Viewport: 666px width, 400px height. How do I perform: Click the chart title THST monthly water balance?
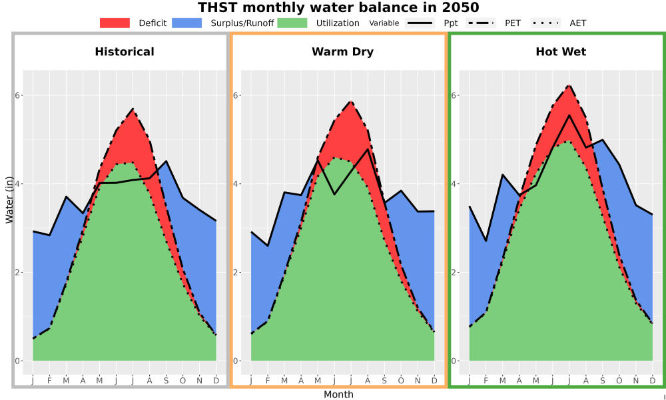338,7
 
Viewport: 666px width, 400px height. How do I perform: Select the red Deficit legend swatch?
115,23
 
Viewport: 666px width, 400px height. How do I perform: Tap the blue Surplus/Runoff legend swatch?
187,23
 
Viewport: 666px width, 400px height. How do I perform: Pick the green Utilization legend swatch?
292,23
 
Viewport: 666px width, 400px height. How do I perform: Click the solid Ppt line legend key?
420,23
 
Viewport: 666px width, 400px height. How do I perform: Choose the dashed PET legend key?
480,23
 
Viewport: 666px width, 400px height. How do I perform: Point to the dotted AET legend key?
545,23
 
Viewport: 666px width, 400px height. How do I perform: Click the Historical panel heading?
125,52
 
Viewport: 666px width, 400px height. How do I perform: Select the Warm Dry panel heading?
343,52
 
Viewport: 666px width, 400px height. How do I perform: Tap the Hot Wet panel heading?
561,52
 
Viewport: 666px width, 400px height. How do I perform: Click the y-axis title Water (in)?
9,200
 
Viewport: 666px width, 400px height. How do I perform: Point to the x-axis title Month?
338,394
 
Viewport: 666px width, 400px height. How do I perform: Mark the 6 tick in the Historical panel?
18,95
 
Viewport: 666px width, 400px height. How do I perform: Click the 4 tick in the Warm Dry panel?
236,183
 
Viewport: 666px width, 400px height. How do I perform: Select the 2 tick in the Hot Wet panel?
454,272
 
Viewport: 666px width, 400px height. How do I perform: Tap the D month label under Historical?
216,381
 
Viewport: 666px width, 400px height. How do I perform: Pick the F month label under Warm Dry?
268,381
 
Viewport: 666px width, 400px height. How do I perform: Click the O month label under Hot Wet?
619,381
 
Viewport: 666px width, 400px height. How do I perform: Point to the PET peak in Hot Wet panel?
569,85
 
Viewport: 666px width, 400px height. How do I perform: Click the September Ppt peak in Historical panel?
166,161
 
